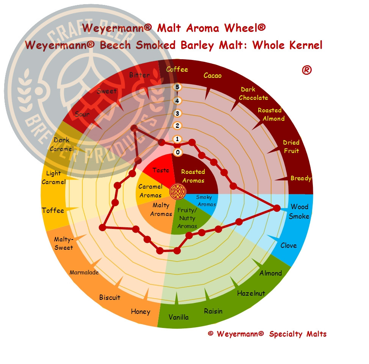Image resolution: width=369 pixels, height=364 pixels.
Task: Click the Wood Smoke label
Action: [299, 211]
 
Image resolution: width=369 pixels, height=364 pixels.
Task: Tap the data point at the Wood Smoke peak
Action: [277, 208]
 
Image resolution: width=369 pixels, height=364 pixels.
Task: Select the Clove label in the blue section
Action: [289, 246]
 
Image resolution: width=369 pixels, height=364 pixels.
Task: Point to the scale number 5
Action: [177, 87]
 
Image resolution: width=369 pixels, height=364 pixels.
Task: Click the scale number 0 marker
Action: [178, 152]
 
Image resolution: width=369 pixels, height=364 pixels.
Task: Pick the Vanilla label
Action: [179, 317]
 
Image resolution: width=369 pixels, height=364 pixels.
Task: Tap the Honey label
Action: [140, 312]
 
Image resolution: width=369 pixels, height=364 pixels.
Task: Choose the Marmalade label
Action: [84, 273]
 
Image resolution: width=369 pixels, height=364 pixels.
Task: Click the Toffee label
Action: [53, 210]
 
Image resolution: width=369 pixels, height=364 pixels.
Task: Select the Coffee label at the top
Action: [177, 69]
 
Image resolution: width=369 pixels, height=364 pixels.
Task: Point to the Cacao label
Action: [212, 76]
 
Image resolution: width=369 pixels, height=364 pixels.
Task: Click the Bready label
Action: [301, 178]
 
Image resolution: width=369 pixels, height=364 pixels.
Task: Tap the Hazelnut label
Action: [251, 293]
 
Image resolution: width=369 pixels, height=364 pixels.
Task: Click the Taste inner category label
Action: [161, 170]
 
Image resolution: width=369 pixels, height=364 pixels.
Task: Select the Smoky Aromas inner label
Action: [206, 201]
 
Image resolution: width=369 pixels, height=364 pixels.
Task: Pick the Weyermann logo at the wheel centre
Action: [178, 192]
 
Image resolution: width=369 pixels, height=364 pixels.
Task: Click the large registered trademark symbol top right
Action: [307, 70]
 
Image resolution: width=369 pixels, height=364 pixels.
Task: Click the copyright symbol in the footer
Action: [210, 333]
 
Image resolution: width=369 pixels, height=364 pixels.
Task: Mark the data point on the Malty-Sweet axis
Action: [102, 227]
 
